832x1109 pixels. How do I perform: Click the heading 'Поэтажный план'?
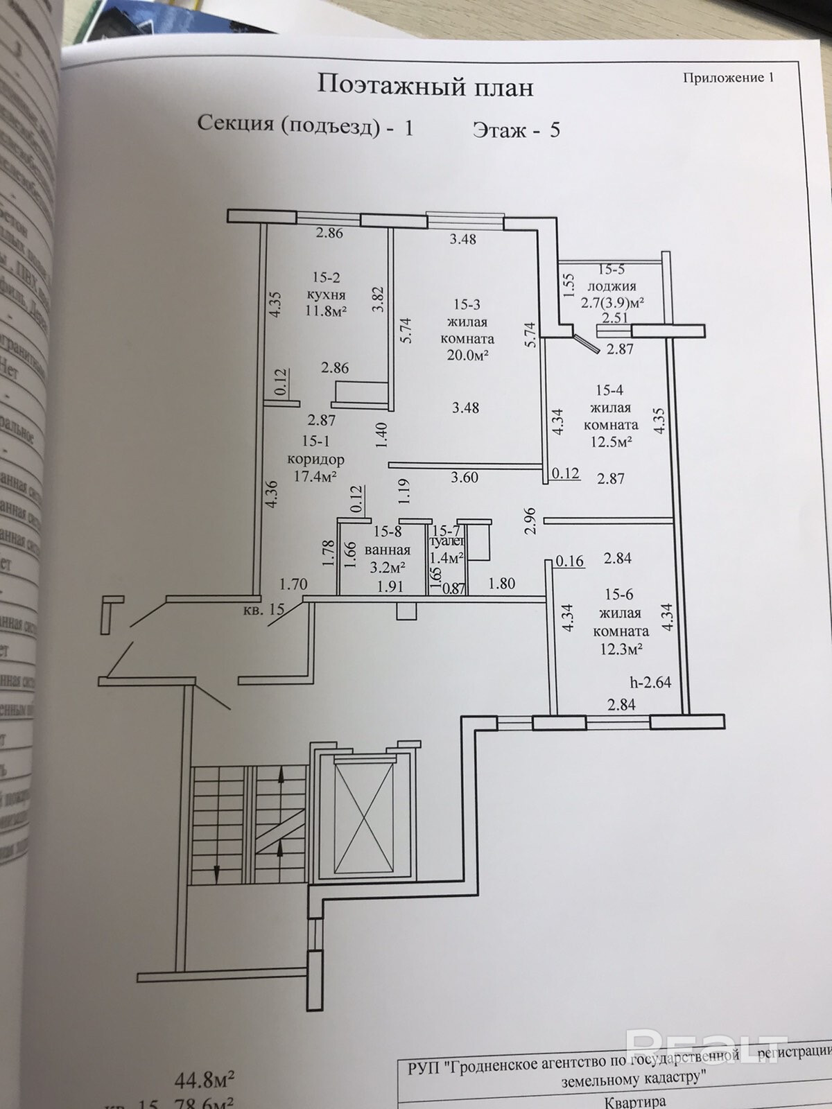point(425,87)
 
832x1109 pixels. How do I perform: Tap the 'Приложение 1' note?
point(728,78)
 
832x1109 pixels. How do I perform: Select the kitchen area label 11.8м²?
point(326,311)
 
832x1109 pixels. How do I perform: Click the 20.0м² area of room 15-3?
point(467,356)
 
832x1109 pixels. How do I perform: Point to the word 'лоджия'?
point(612,286)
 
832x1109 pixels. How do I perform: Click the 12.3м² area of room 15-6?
point(621,649)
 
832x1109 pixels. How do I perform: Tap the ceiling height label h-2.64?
point(650,682)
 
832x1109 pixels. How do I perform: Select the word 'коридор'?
point(315,459)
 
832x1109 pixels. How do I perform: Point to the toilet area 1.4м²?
point(447,557)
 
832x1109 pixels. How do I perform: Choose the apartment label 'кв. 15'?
point(264,610)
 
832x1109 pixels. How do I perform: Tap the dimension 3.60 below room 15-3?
point(465,477)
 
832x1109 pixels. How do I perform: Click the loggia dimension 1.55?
point(569,285)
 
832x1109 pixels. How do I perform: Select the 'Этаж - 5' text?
point(516,130)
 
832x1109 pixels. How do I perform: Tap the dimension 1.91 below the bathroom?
point(390,586)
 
